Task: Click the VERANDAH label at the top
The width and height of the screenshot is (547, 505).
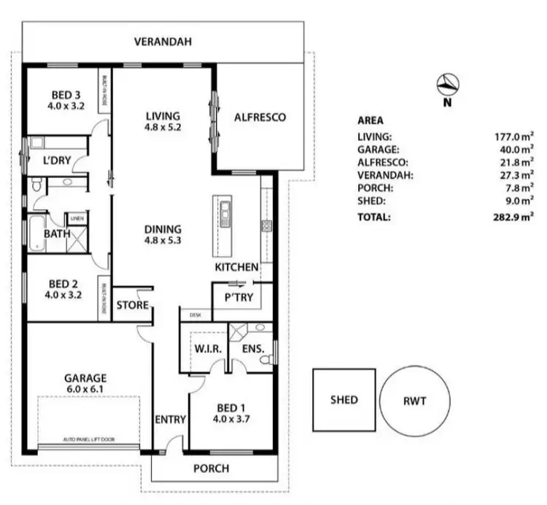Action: click(163, 42)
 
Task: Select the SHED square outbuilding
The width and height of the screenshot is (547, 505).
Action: click(344, 400)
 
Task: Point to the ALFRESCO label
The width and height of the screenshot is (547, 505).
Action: click(259, 117)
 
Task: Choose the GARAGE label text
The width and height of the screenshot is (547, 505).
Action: click(85, 378)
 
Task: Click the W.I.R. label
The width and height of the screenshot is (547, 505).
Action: click(207, 350)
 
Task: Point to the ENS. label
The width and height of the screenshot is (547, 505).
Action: click(253, 350)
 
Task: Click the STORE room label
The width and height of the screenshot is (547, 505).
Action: click(133, 305)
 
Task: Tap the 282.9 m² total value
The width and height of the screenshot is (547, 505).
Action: click(515, 217)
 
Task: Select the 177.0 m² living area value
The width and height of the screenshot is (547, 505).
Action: click(515, 136)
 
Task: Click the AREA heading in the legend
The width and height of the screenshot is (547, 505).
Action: click(371, 121)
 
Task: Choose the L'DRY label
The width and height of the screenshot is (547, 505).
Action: click(56, 160)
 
